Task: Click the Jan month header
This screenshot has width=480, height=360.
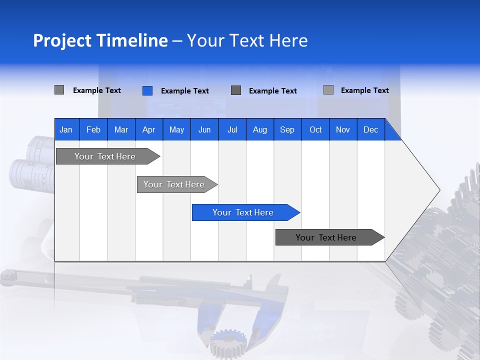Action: (66, 129)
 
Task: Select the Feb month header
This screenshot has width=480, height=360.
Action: (93, 129)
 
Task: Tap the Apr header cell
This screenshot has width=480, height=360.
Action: (149, 129)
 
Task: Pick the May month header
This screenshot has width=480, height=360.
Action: (176, 129)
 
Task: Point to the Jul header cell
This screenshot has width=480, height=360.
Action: (232, 129)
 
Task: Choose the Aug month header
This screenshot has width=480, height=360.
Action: (260, 129)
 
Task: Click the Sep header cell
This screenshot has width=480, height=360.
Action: (287, 129)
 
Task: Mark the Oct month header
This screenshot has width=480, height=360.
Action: (315, 129)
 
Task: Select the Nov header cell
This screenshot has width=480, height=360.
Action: (343, 129)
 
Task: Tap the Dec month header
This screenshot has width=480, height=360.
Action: (371, 129)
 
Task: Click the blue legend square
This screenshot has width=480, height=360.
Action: (147, 90)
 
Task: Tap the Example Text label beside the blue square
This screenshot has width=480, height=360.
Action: (184, 91)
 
